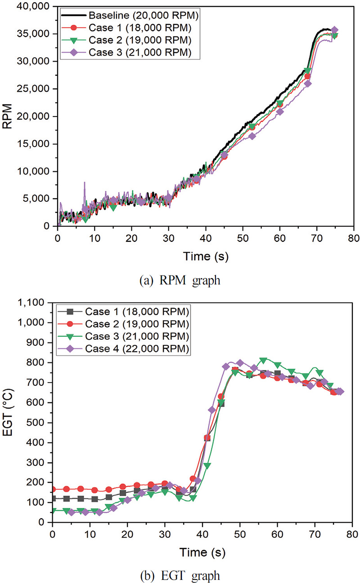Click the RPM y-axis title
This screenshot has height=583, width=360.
pos(8,116)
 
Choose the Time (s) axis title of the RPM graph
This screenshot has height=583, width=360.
pos(205,257)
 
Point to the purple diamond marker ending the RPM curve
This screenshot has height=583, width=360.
pos(334,30)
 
